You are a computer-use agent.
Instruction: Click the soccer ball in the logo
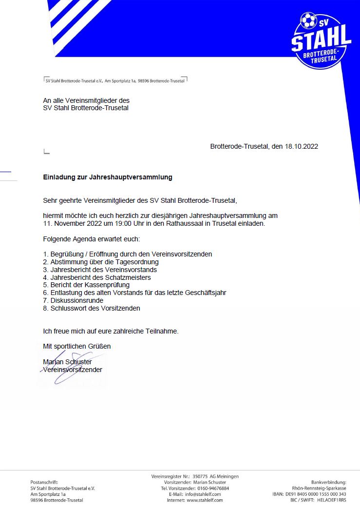(x=308, y=21)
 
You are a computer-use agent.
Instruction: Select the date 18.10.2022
(x=302, y=146)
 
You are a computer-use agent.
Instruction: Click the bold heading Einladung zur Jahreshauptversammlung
(x=108, y=177)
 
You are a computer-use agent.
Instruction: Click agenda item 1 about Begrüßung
(x=128, y=254)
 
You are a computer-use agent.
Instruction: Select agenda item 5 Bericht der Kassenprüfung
(x=86, y=285)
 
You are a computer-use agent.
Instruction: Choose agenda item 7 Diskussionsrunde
(x=73, y=300)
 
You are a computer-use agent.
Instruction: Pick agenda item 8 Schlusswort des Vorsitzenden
(x=92, y=308)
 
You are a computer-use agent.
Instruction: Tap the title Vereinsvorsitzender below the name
(x=73, y=370)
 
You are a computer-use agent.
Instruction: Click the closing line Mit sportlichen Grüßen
(x=77, y=346)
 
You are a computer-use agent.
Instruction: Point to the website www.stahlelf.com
(x=205, y=500)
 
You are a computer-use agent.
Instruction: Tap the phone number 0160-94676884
(x=213, y=488)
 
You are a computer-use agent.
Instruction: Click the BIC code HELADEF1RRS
(x=332, y=500)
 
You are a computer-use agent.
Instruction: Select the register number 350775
(x=200, y=476)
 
